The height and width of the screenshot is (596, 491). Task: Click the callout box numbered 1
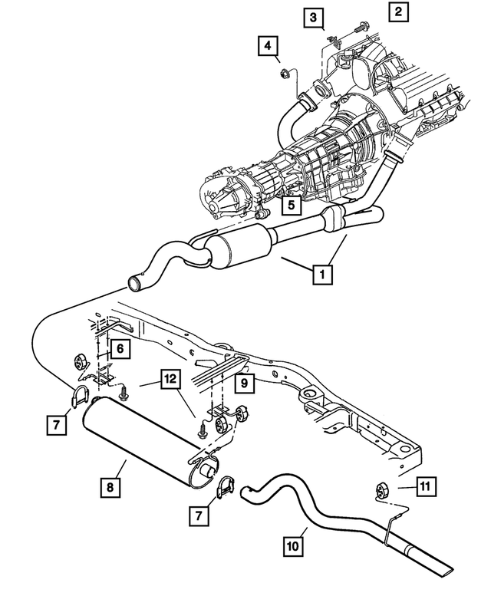tap(322, 273)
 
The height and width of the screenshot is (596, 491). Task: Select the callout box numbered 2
tap(398, 12)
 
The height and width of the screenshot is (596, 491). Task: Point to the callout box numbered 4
tap(268, 47)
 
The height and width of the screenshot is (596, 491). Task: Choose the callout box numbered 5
tap(290, 205)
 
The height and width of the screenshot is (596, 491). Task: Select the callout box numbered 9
tap(242, 381)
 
